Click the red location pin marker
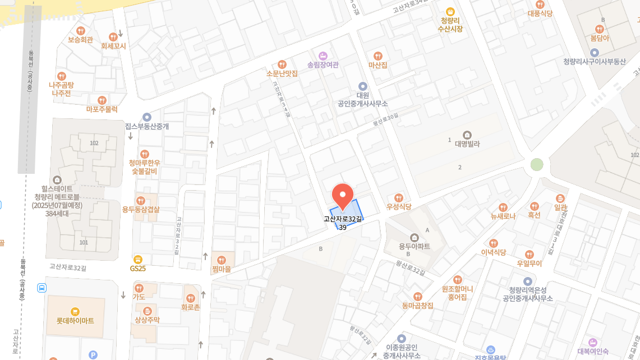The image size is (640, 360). coord(343,196)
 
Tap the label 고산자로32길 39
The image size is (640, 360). coord(343,223)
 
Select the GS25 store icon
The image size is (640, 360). coord(138,259)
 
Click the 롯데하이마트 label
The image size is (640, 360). coord(75,321)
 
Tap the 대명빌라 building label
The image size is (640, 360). coord(467,144)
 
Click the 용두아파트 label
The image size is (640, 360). coord(415,246)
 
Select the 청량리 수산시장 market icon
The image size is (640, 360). coord(450,11)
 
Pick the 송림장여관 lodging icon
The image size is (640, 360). coord(323,56)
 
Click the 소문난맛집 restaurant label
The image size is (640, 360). coord(282,73)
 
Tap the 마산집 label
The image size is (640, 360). coord(377,65)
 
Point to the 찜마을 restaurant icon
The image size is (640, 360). coord(221,260)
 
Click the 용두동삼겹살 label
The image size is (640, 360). coord(141,210)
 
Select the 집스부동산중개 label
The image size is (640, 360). coord(146,126)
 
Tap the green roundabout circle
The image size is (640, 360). coord(537,164)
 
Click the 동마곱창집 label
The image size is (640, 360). coord(417,306)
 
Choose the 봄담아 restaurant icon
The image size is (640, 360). coord(599,29)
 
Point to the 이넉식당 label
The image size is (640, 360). coord(493,252)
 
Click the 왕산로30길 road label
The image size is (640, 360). coord(385,119)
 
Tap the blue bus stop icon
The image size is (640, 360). coord(42,288)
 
